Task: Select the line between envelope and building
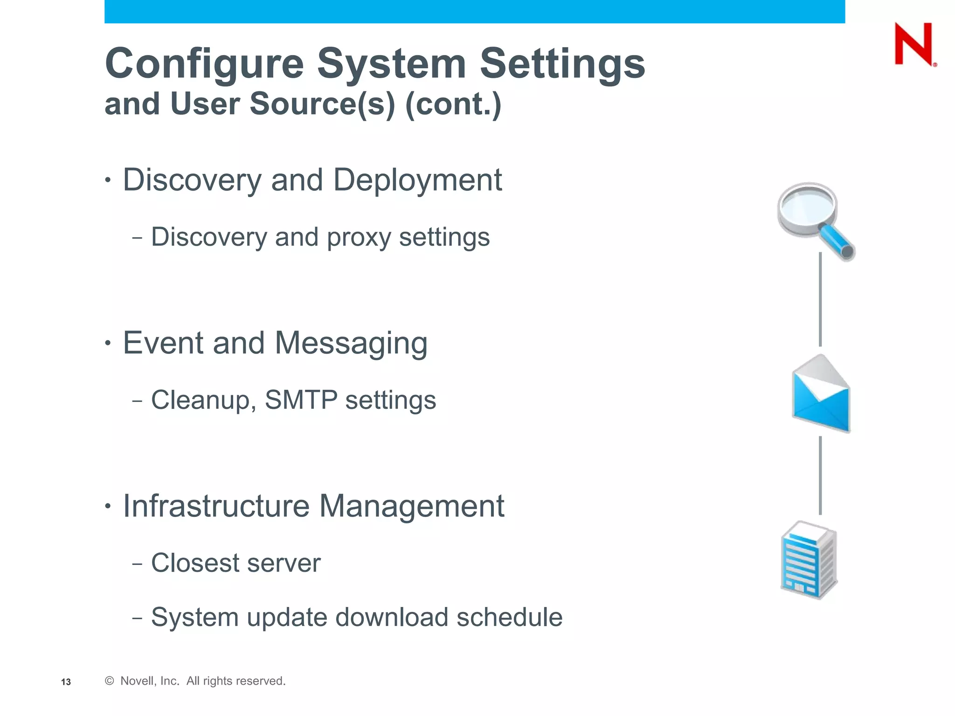(820, 475)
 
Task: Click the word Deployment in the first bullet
(417, 180)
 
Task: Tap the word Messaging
(351, 343)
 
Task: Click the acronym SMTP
(301, 400)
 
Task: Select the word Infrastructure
(216, 506)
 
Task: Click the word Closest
(195, 563)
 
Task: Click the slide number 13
(66, 682)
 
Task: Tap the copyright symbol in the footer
(110, 681)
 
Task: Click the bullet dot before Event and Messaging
(108, 344)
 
